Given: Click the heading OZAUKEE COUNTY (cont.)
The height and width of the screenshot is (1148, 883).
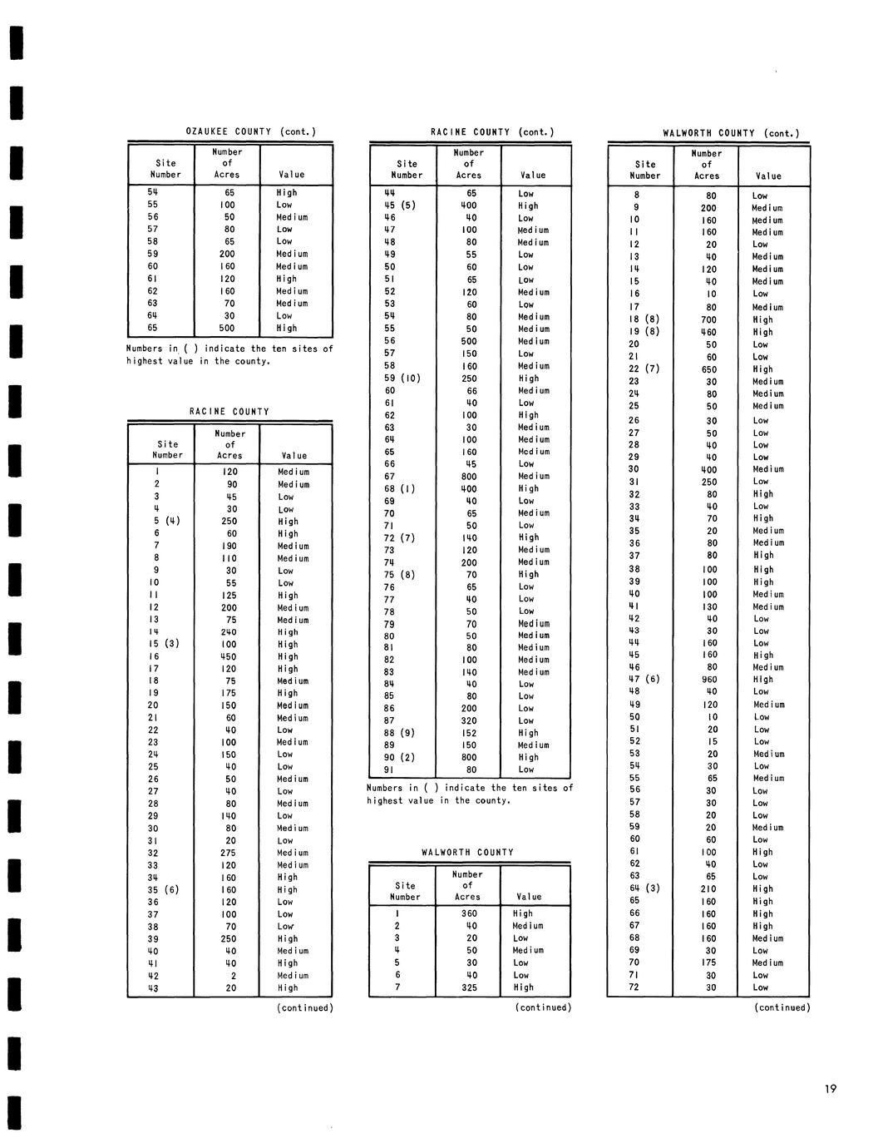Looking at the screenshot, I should [x=250, y=131].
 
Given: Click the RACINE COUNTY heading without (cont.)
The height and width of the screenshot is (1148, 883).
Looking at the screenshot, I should [x=229, y=412].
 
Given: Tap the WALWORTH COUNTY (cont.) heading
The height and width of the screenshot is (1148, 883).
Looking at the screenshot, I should [x=731, y=133].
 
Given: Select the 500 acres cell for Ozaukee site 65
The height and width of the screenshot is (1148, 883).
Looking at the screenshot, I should [x=227, y=329].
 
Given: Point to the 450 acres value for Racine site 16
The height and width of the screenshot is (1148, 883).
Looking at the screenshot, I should [x=229, y=657].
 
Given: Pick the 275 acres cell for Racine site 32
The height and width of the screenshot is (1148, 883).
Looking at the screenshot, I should [x=229, y=854].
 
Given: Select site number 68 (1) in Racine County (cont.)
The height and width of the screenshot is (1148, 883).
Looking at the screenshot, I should [x=399, y=489].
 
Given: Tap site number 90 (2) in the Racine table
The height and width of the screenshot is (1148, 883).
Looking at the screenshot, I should [x=399, y=758].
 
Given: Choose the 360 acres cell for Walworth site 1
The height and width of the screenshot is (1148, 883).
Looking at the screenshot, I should [x=469, y=913].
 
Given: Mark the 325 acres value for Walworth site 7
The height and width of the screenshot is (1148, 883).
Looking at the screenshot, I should [x=469, y=987].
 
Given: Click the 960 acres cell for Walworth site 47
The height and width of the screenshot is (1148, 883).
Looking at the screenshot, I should [x=708, y=680].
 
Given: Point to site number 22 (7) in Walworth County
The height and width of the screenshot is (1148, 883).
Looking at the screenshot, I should [x=644, y=369].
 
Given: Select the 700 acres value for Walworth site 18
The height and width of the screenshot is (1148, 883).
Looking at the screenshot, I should [x=708, y=319].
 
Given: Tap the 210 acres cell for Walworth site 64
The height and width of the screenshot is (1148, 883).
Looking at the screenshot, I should [x=708, y=889].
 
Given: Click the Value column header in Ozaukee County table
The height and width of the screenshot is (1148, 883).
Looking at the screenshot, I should [x=292, y=175].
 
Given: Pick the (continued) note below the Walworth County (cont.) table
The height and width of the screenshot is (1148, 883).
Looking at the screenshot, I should [x=782, y=1008].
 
